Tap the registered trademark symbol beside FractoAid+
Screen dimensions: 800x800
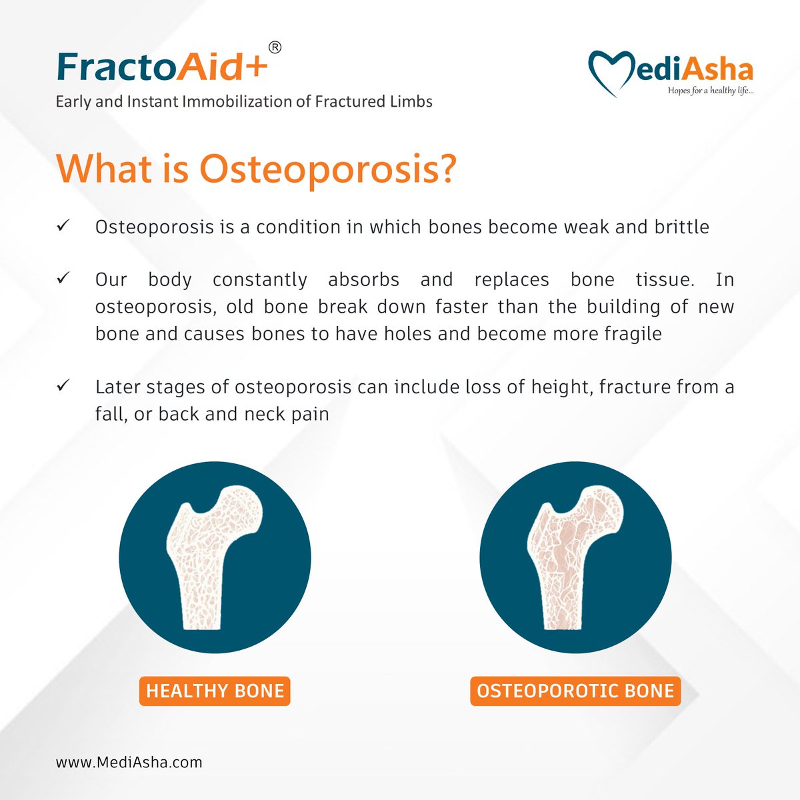[274, 47]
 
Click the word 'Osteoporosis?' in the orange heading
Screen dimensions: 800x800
[328, 169]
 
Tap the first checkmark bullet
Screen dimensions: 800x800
[64, 227]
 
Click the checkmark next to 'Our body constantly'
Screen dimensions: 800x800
[64, 279]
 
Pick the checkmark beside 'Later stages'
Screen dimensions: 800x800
[64, 386]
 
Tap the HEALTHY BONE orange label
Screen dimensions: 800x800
[215, 691]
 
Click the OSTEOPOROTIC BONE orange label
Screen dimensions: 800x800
[575, 691]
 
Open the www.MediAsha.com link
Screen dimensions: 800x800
[129, 761]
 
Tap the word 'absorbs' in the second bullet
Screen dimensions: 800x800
[363, 279]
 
